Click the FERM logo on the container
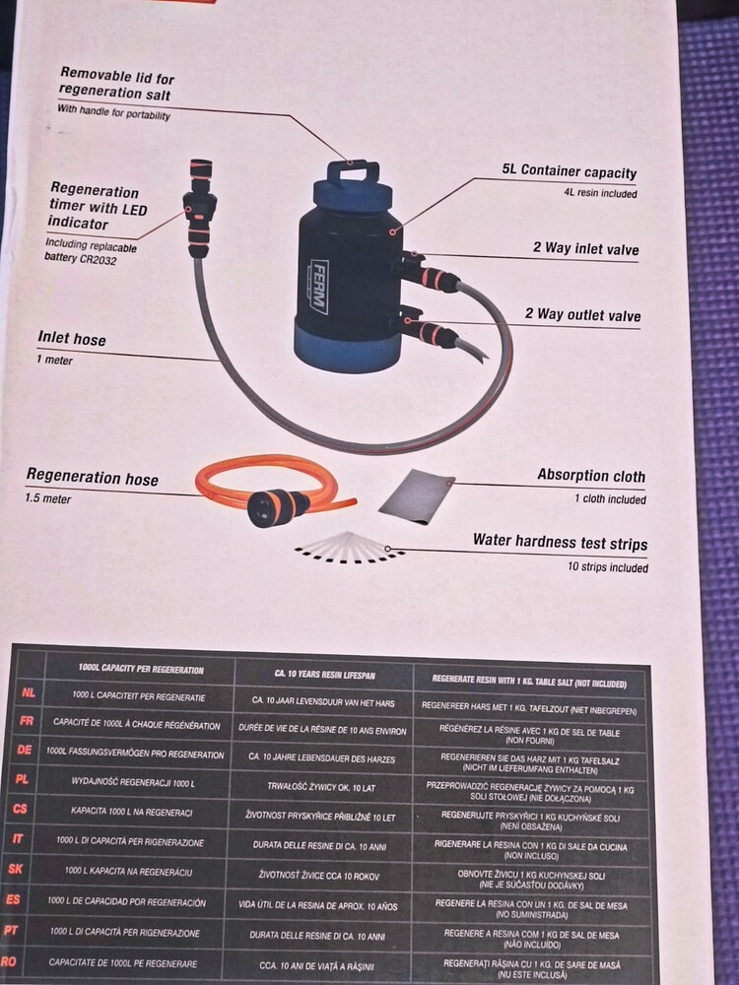(x=318, y=286)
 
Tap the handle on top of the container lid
(x=353, y=172)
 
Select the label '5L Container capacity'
(x=570, y=172)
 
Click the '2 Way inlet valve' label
(x=585, y=248)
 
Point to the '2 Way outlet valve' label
(x=582, y=315)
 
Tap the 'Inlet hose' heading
(x=72, y=339)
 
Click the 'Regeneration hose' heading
(x=92, y=479)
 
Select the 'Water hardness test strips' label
(x=560, y=541)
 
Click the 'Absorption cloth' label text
(x=591, y=475)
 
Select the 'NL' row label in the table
(x=29, y=693)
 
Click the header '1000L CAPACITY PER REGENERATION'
(x=141, y=670)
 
